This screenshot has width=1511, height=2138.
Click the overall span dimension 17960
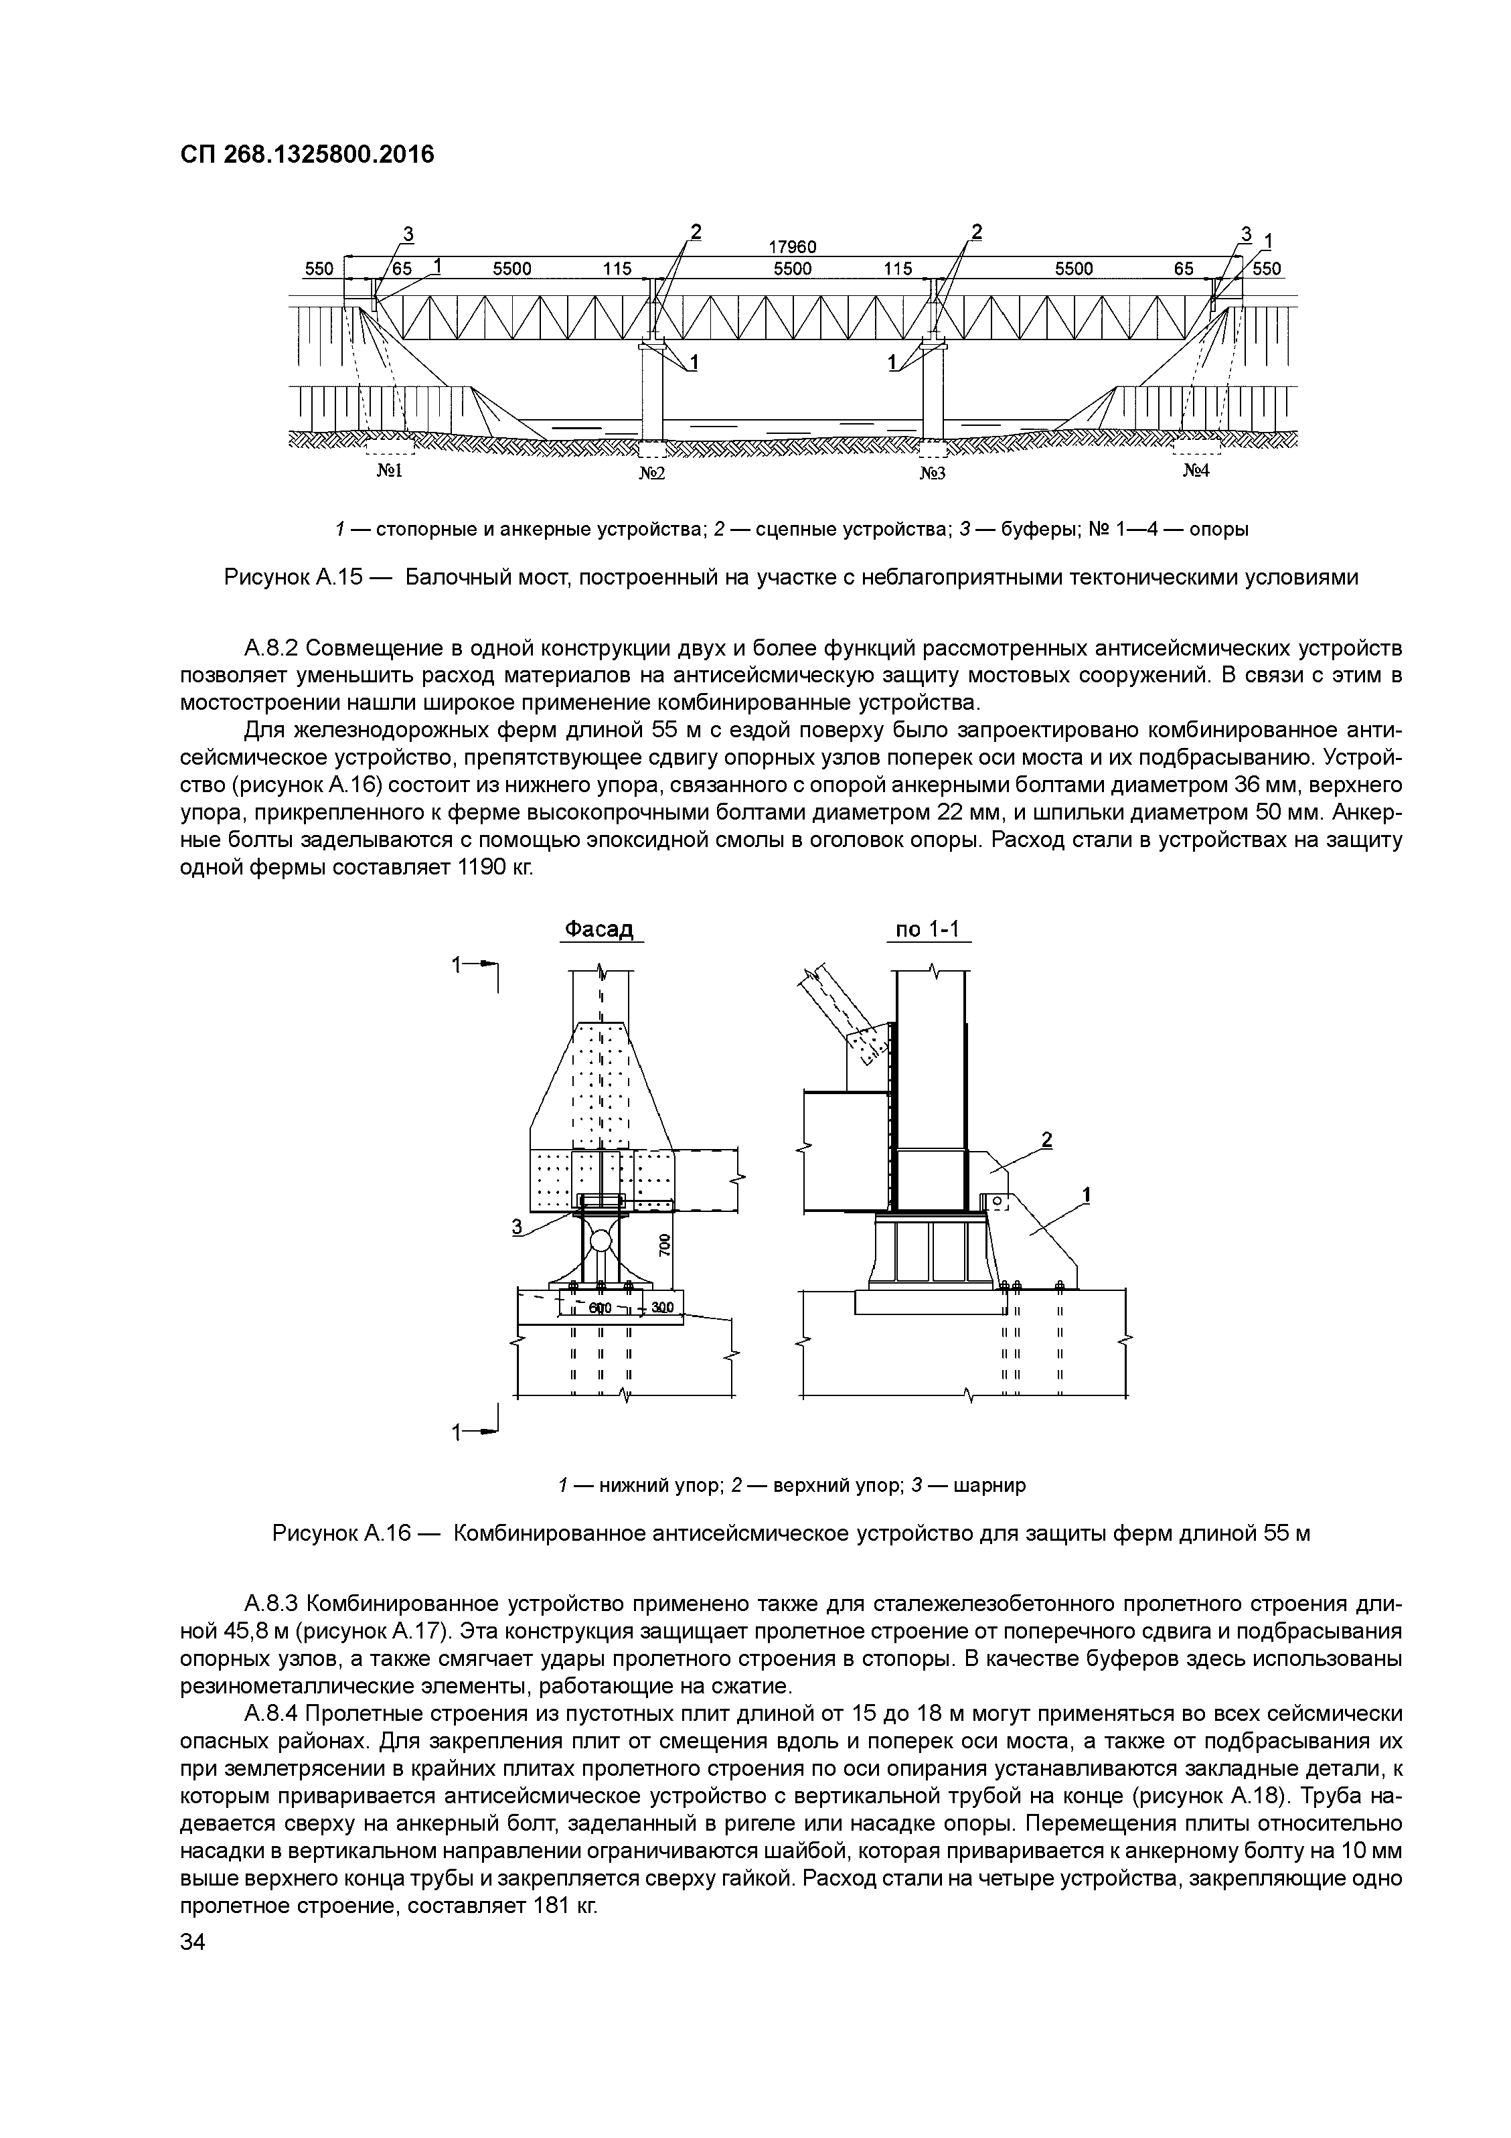point(792,248)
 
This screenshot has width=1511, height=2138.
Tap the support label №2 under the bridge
point(651,473)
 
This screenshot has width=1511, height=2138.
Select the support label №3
point(933,473)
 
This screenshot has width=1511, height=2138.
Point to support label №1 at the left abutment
point(388,471)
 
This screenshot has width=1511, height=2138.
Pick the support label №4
point(1196,471)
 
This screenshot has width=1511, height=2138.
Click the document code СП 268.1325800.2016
point(307,155)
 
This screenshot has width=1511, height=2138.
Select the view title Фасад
point(601,929)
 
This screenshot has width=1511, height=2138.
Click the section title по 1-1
point(928,929)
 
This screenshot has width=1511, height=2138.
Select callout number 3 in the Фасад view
point(517,1227)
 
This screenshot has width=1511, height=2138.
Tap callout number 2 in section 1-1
point(1047,1139)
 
